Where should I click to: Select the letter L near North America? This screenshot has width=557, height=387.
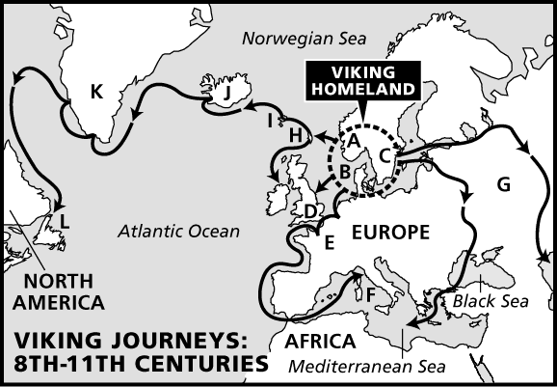tap(64, 223)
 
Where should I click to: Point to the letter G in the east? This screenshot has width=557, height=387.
tap(503, 183)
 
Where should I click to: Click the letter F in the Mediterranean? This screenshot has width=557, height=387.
tap(370, 292)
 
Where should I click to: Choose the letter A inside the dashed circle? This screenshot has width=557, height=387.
tap(353, 141)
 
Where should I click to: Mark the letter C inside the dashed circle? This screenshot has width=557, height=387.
tap(384, 154)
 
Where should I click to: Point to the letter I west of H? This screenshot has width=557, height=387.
tap(270, 121)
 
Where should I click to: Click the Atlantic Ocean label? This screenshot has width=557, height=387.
tap(177, 231)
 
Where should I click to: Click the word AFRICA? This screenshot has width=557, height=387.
tap(321, 342)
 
